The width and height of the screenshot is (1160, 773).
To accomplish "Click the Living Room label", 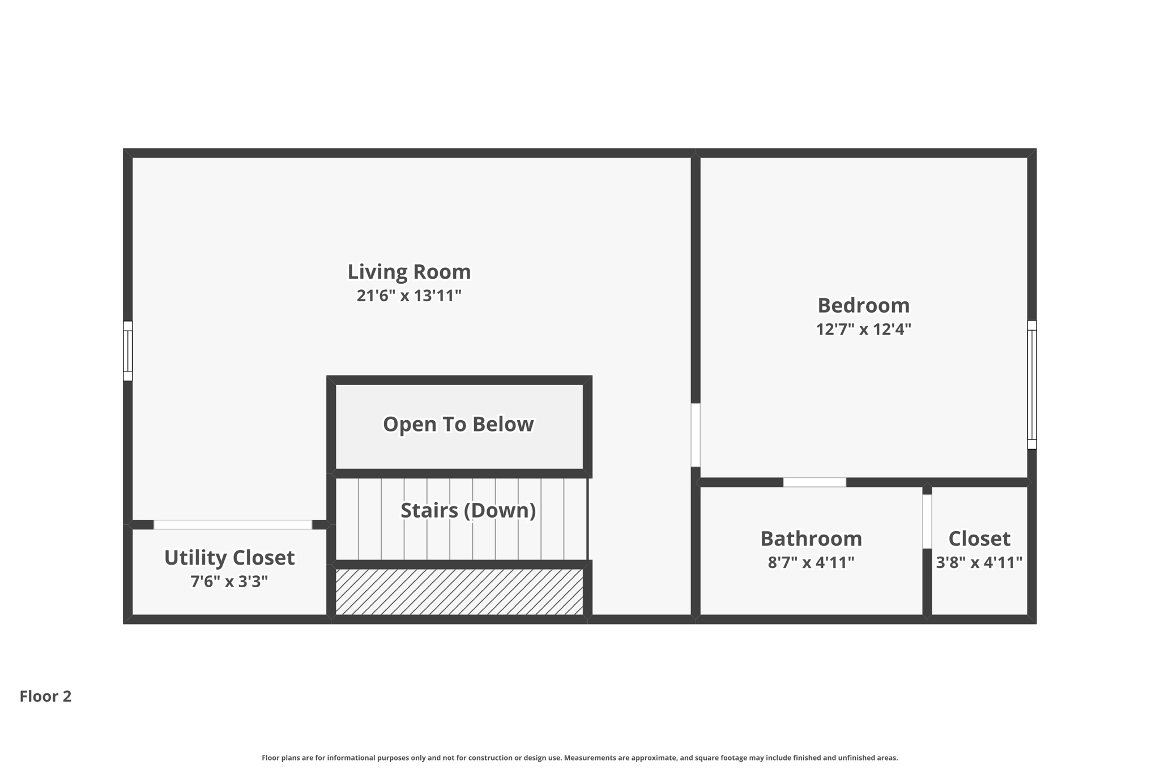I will point(409,272).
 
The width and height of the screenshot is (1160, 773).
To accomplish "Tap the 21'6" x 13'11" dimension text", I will point(409,296).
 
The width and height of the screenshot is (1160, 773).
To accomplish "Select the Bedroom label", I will point(863,306).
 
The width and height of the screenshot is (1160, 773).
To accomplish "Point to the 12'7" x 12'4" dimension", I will point(863,329).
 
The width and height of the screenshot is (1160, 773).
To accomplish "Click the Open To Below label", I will point(458,424).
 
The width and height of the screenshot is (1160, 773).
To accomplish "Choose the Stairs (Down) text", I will point(468,510).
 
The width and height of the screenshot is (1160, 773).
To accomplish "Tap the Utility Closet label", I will point(229,558).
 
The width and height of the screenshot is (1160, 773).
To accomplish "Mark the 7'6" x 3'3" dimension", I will point(229,582).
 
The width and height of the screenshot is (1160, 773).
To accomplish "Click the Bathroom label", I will point(811,539).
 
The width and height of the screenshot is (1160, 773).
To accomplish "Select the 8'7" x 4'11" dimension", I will point(811,562).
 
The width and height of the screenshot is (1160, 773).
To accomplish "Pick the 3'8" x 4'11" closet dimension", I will point(979,562).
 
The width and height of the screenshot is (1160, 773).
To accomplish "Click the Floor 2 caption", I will point(45,696).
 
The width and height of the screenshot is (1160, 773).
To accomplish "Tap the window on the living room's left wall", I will point(128,351).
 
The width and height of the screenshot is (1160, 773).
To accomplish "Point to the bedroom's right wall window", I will point(1032,385).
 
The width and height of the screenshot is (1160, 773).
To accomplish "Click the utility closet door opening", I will point(233,524).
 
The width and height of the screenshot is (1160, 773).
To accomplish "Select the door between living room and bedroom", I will point(696,434).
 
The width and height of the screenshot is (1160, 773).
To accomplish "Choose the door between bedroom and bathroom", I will point(814,482).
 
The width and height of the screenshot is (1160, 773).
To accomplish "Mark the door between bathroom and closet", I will point(927,522).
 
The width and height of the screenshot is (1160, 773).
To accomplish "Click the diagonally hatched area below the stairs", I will point(459,592).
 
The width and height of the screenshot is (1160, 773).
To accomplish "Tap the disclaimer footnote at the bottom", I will point(579,758).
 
